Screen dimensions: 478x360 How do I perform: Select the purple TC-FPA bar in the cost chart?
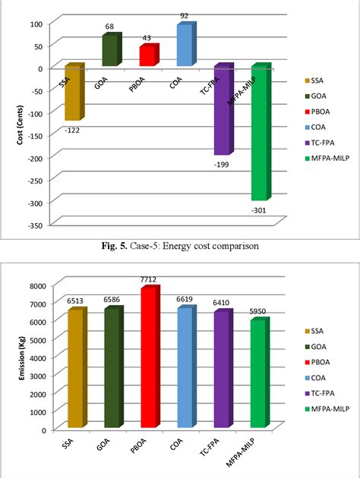pos(223,110)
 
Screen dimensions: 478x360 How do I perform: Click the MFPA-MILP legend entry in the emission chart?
pos(322,408)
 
